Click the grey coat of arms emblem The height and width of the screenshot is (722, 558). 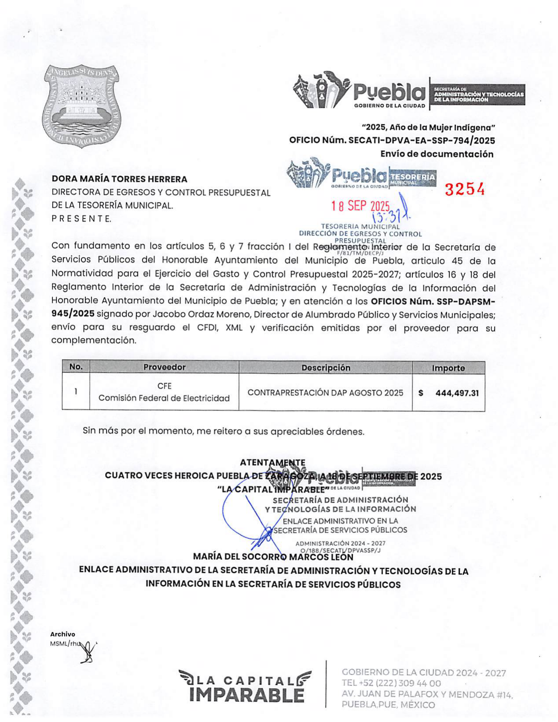point(83,106)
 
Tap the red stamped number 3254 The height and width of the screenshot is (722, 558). point(464,189)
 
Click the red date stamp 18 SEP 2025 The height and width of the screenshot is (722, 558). point(361,206)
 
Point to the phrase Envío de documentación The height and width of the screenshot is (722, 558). point(437,154)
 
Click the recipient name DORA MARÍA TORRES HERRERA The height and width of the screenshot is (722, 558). point(119,179)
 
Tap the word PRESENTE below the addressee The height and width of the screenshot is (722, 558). point(81,218)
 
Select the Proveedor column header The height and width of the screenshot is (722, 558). point(164,367)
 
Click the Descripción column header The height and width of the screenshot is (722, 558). point(325,368)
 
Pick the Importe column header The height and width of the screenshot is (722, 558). point(448,368)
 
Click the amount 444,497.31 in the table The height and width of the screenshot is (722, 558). point(457,393)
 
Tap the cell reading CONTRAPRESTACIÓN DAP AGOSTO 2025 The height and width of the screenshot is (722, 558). point(325,393)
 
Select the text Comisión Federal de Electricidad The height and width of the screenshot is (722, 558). point(164,398)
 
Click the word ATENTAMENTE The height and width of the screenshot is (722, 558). point(273,463)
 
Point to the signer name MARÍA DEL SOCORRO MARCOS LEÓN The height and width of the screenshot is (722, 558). point(273,557)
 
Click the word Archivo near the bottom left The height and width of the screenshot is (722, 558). point(62,634)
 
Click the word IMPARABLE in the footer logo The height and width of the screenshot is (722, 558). point(247,695)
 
